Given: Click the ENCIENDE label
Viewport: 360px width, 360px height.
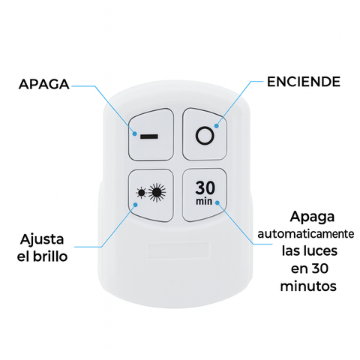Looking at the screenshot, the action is coord(304,82).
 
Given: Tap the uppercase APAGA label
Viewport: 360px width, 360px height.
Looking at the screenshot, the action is coord(44,84).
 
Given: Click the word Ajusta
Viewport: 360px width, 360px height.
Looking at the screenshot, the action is coord(42,240).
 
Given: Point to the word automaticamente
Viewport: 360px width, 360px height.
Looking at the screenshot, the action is coord(306,234).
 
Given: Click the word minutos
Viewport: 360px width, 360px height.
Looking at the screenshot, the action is coord(308,286).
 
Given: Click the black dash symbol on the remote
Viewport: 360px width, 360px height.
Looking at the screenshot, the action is coord(149,136).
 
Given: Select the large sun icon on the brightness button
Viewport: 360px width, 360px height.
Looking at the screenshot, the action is coord(157,193).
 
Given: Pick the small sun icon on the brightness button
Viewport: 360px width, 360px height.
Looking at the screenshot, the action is coord(141,193).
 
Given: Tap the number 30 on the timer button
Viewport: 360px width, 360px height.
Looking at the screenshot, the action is coord(205,187).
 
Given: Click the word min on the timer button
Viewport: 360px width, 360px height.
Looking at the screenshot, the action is coord(204,201).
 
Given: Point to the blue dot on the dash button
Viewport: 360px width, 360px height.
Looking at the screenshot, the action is coord(135,133).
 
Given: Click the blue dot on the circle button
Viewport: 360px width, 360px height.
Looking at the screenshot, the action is coord(217,126).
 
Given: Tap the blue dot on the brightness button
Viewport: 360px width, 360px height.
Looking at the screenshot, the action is coord(136,205).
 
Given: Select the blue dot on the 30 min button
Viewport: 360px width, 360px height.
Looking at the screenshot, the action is coord(217,202).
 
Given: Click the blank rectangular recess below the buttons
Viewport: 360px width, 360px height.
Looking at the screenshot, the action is coord(178,250).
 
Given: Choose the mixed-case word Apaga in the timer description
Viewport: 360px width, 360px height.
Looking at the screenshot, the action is coord(312,217).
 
